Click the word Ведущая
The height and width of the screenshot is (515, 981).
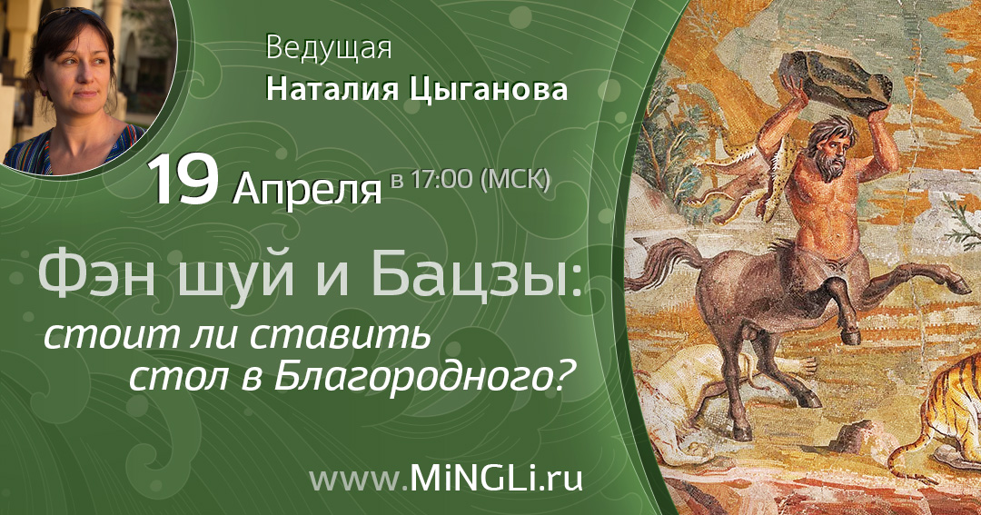click(x=329, y=49)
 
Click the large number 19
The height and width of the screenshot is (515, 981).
click(x=183, y=179)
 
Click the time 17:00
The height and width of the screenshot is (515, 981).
click(x=442, y=179)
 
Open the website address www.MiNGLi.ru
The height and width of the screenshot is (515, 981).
click(x=445, y=478)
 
